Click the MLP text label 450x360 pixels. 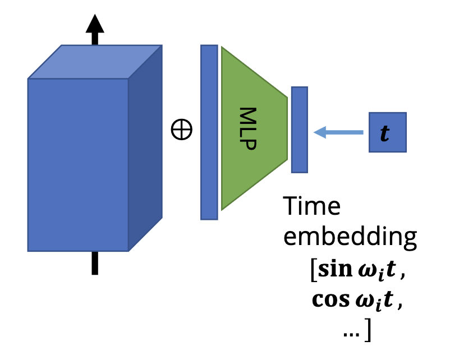coord(247,128)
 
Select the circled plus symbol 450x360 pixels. coord(181,130)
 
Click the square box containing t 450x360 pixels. coord(388,132)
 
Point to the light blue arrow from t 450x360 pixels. coord(339,132)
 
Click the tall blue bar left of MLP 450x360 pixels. coord(209,132)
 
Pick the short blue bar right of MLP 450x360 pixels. coord(300,130)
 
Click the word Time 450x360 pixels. coord(311,206)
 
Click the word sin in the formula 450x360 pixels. coord(335,269)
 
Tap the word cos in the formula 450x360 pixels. coord(330,300)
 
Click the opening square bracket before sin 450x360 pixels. coord(314,270)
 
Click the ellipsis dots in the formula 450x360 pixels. coord(351,334)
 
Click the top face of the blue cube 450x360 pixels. coord(95,62)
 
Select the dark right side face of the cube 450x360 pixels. coord(145,148)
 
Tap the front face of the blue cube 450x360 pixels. coord(78,165)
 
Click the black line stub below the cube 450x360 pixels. coord(95,263)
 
